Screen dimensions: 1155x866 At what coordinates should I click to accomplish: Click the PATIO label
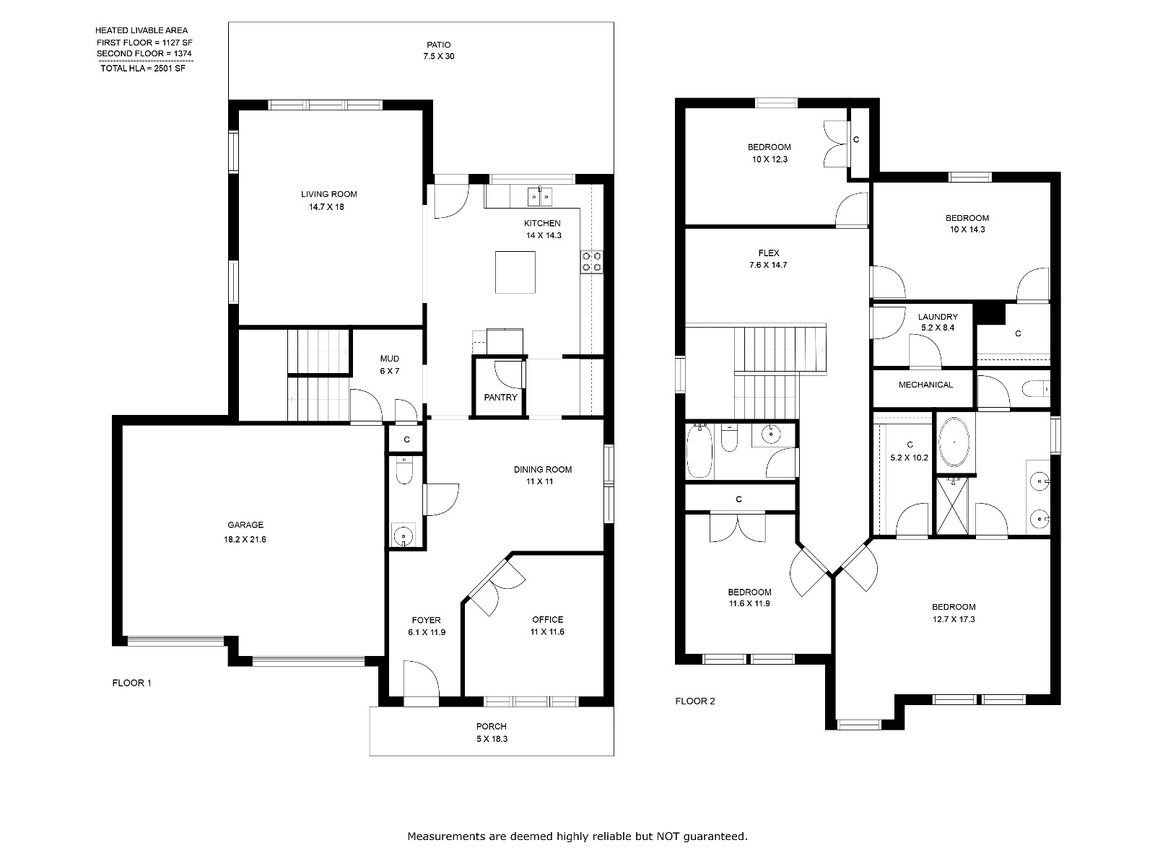[438, 45]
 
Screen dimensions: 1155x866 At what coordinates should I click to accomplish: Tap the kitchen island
[515, 272]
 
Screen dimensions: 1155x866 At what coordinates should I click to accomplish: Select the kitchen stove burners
[591, 262]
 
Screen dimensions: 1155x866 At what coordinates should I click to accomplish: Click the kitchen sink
[540, 196]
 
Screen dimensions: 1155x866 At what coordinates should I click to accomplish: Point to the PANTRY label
[500, 398]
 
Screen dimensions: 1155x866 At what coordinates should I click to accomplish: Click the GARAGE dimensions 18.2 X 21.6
[245, 540]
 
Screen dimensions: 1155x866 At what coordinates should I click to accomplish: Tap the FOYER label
[426, 621]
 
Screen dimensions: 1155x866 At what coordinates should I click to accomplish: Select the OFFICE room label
[547, 620]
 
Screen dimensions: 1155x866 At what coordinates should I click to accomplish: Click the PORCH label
[492, 727]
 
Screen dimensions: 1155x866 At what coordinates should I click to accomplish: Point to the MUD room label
[389, 359]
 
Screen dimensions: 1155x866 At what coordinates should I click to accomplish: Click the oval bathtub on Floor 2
[954, 442]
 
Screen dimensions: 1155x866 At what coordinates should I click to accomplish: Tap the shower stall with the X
[952, 506]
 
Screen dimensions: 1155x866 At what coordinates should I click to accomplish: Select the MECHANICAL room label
[925, 385]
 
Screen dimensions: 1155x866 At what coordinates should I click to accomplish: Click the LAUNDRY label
[938, 317]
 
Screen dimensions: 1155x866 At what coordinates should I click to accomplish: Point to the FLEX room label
[769, 253]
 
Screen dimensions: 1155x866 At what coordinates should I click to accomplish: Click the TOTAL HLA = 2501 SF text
[143, 69]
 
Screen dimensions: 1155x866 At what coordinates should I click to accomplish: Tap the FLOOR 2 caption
[695, 701]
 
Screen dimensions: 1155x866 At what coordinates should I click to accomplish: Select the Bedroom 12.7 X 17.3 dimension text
[954, 619]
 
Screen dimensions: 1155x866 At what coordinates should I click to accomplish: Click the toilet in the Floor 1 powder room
[404, 471]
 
